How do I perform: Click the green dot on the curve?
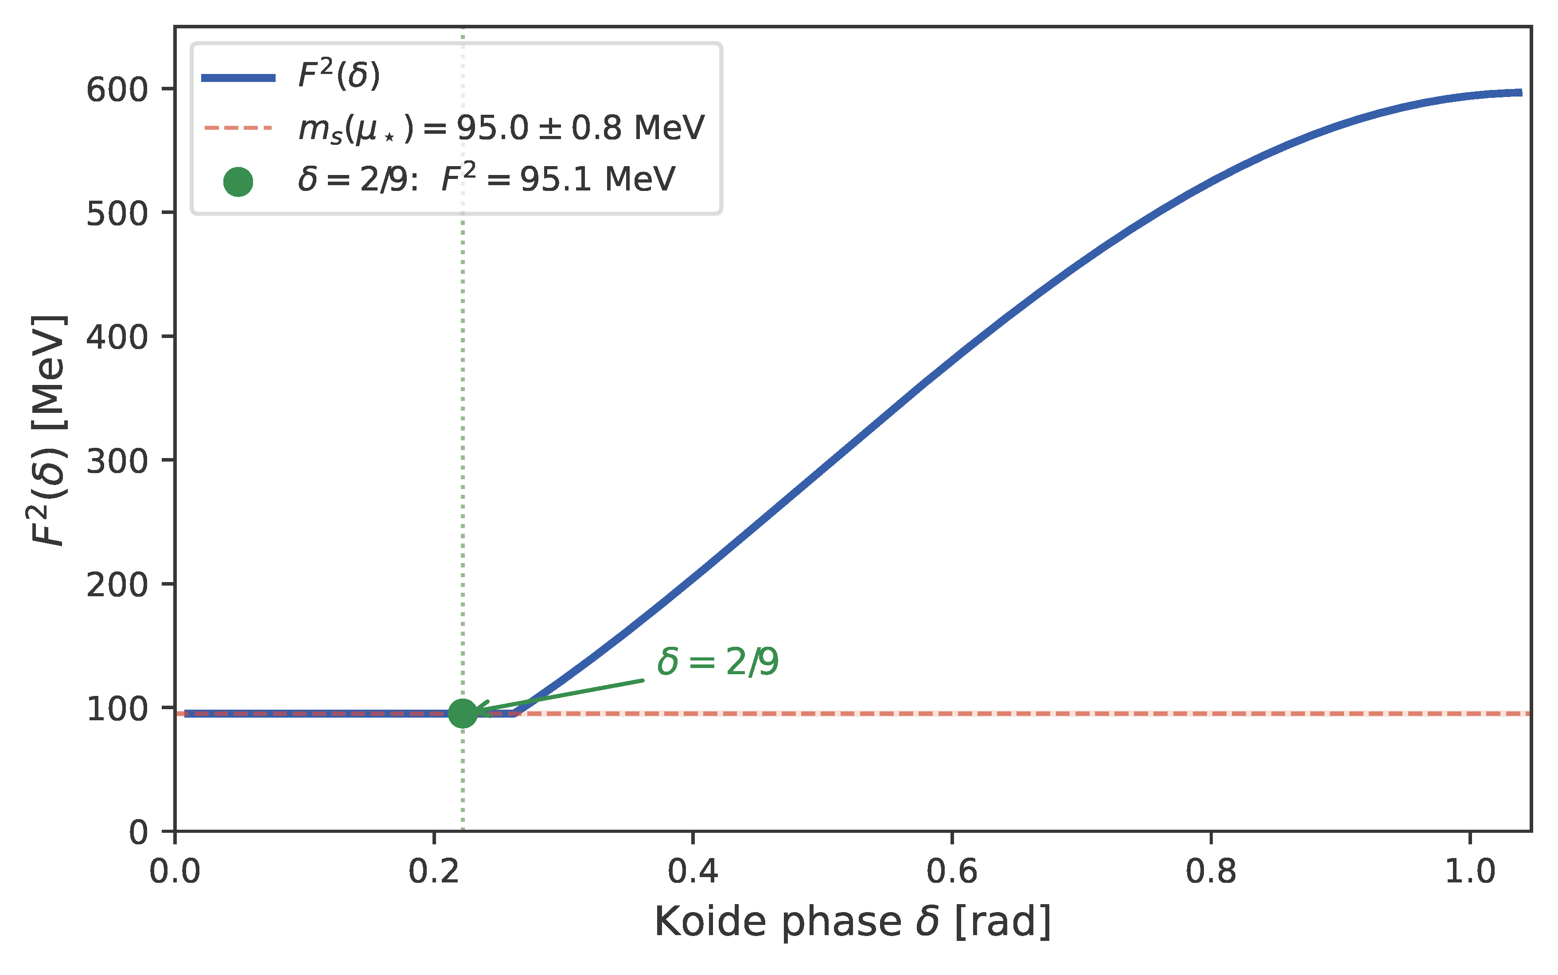click(462, 713)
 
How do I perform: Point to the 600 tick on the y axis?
click(117, 89)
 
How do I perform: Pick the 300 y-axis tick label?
click(117, 460)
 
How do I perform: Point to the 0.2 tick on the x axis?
click(434, 872)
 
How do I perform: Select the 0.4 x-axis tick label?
click(693, 872)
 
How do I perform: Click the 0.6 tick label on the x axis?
click(952, 872)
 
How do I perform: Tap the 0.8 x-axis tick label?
click(1211, 872)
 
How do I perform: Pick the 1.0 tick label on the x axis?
click(1470, 872)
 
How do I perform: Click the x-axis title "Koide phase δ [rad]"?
click(853, 922)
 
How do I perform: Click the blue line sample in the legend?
click(238, 78)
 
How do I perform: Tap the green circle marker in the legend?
click(238, 182)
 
